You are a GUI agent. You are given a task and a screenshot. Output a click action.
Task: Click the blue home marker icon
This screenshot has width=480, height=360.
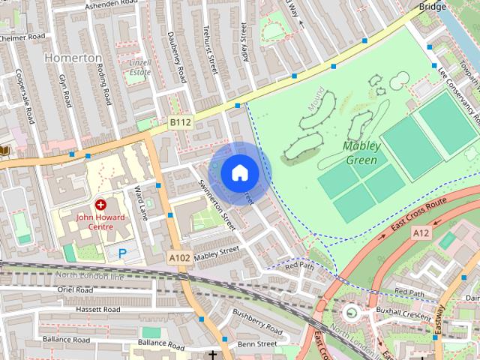coord(239,172)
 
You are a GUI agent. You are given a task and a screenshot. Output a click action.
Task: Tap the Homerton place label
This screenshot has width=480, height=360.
coord(73,58)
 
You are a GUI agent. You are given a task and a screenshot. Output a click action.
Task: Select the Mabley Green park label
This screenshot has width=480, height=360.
coord(361,152)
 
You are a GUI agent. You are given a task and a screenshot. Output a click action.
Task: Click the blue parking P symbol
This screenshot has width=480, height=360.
coord(121,253)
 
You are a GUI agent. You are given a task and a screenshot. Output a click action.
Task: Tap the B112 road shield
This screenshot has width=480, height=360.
coord(180,122)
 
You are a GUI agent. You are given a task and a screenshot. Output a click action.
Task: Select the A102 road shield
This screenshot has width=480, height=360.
coord(178,258)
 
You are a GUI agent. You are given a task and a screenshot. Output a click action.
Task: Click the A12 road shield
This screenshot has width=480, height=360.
coord(421,234)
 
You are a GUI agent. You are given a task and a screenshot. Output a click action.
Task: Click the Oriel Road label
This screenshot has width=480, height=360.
coord(74,289)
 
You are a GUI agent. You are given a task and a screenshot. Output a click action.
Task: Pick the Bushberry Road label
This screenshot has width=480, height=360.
coord(256,322)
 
